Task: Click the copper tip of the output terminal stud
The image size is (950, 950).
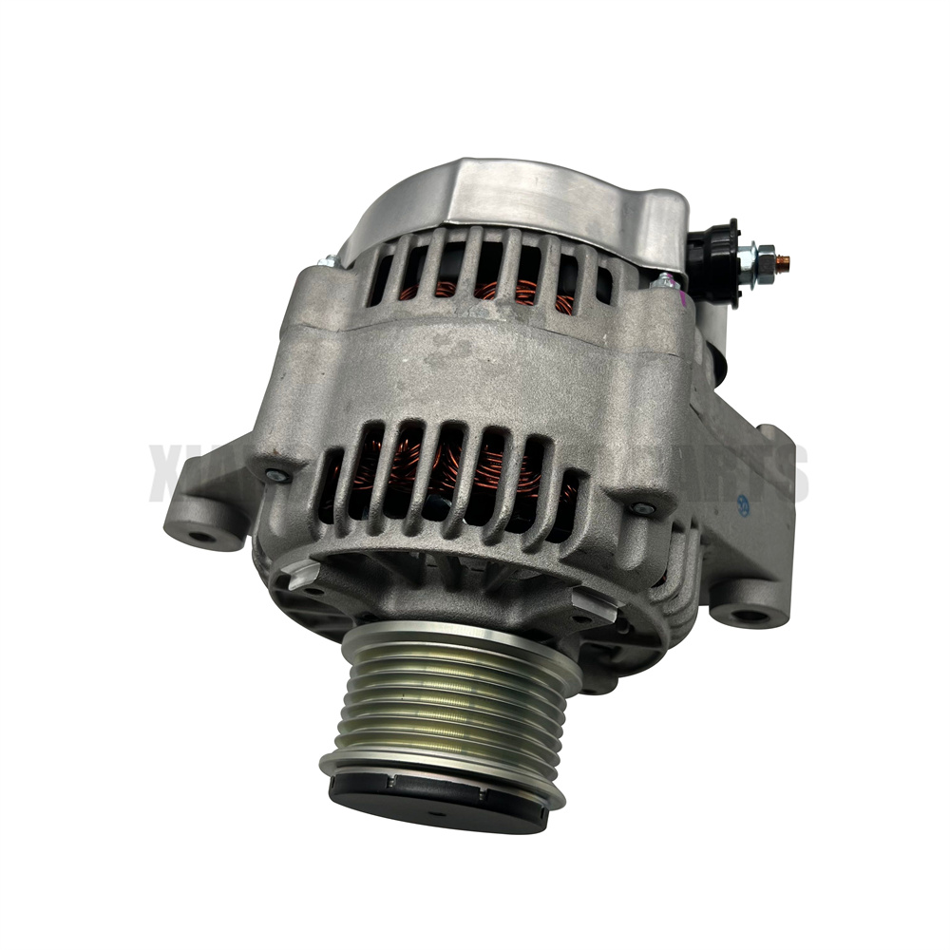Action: click(x=784, y=259)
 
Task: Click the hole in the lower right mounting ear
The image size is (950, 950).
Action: click(x=750, y=617)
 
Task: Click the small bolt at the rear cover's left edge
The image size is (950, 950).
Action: click(x=328, y=260)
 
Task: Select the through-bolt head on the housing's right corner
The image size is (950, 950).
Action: click(x=644, y=510)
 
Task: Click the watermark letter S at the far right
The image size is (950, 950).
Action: click(x=791, y=476)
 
